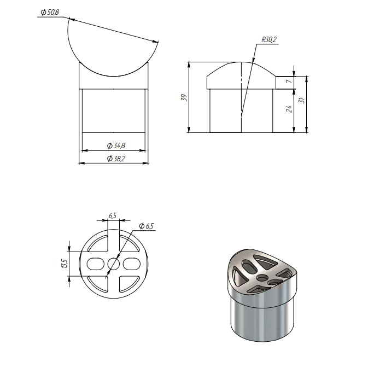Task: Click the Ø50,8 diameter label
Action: pos(50,13)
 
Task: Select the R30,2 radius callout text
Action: pos(269,39)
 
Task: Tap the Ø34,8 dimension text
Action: pos(116,146)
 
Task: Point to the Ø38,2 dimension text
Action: pos(116,159)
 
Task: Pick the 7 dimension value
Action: pos(289,81)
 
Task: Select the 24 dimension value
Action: pos(289,109)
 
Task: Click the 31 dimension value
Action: pos(302,100)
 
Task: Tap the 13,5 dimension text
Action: pos(65,264)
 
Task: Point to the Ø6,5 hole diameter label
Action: pos(146,226)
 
